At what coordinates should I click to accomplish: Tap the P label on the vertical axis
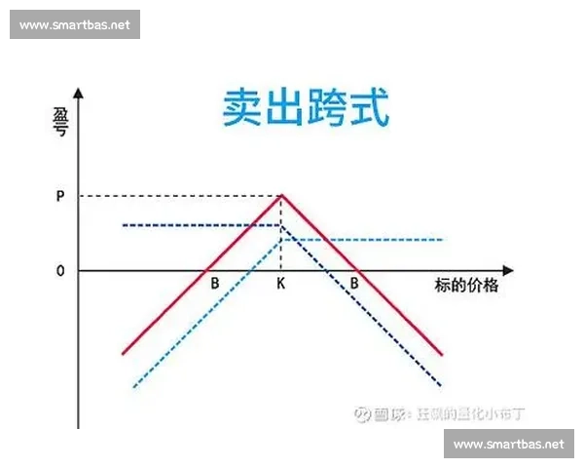pyautogui.click(x=60, y=196)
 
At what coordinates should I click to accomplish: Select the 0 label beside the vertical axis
pyautogui.click(x=60, y=270)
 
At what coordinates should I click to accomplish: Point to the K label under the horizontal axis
pyautogui.click(x=281, y=285)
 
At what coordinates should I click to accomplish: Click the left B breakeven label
pyautogui.click(x=214, y=285)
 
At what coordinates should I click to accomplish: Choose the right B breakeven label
pyautogui.click(x=355, y=285)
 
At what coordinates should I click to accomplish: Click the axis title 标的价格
pyautogui.click(x=466, y=286)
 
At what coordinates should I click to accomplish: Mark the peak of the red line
pyautogui.click(x=282, y=195)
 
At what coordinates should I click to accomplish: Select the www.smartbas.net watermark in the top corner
pyautogui.click(x=74, y=24)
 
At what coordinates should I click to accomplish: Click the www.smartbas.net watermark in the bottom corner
pyautogui.click(x=509, y=444)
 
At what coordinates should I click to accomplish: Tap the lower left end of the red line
pyautogui.click(x=123, y=353)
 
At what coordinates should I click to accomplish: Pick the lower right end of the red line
pyautogui.click(x=443, y=355)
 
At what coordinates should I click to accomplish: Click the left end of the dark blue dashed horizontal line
pyautogui.click(x=124, y=225)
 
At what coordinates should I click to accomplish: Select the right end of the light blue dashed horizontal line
pyautogui.click(x=443, y=240)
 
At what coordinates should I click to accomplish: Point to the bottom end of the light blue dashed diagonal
pyautogui.click(x=133, y=387)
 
